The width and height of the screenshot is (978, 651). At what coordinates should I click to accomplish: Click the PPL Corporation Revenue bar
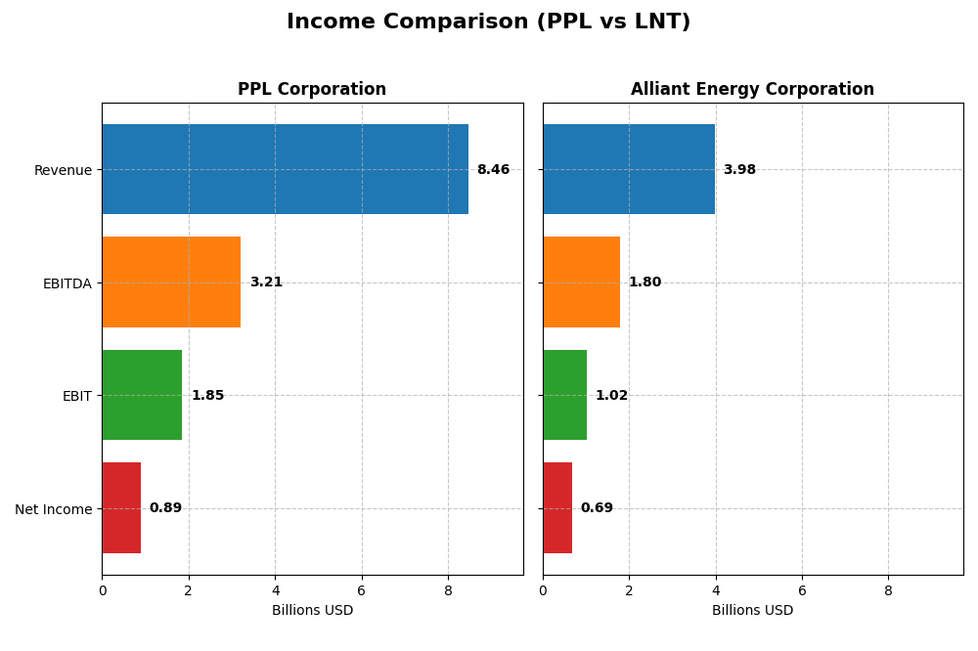click(285, 169)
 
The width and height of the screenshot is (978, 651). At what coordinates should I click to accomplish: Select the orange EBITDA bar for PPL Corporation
click(171, 282)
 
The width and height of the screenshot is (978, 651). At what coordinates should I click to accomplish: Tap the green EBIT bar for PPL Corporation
click(142, 395)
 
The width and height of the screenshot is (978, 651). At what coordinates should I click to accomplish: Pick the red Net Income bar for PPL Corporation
click(121, 508)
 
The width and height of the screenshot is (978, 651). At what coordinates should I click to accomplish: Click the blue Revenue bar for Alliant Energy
click(629, 169)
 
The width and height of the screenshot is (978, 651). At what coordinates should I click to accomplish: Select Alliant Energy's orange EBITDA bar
click(581, 282)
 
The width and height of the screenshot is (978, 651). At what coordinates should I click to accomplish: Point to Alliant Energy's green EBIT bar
click(564, 395)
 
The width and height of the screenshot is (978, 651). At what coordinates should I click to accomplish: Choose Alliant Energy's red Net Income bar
click(557, 508)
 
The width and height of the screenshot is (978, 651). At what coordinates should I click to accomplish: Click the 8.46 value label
click(493, 170)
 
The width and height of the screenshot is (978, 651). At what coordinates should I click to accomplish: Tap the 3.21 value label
click(266, 282)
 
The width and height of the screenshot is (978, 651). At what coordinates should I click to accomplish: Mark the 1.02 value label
click(611, 396)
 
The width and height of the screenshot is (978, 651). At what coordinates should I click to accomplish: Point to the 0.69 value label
click(597, 508)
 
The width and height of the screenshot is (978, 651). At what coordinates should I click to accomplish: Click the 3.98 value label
click(739, 170)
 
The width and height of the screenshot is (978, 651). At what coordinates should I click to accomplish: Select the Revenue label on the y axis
click(63, 171)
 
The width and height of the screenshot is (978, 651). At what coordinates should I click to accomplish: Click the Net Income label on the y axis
click(54, 509)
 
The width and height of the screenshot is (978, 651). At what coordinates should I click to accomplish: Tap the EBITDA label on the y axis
click(67, 283)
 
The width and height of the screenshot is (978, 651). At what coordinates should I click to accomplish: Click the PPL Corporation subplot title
click(312, 90)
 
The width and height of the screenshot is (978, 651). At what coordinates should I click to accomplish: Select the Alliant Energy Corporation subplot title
click(752, 90)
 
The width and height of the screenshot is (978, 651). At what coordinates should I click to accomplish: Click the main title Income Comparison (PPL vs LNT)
click(488, 22)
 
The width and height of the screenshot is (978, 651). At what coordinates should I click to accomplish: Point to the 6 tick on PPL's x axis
click(362, 591)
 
